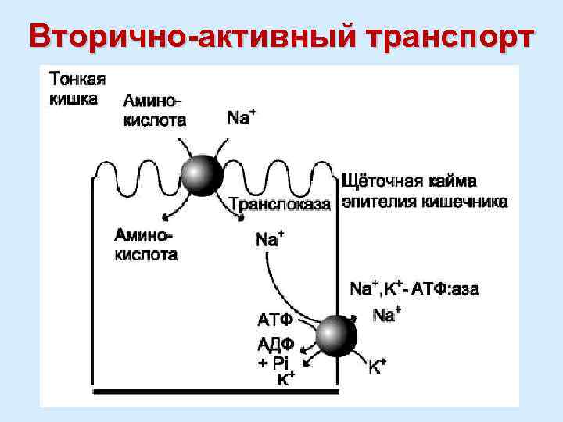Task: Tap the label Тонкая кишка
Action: (77, 89)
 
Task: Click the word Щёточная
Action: (382, 182)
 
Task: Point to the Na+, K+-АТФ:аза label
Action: (414, 288)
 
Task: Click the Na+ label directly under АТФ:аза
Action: (386, 315)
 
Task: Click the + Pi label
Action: (274, 363)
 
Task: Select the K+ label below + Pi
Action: (285, 380)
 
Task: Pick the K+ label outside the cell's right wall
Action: (378, 366)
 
